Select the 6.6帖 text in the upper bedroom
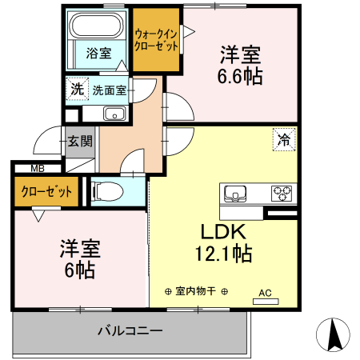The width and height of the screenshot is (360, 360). tap(241, 77)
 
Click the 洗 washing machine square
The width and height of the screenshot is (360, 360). tap(76, 90)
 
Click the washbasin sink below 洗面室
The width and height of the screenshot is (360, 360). tap(114, 113)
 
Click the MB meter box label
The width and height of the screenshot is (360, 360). tap(37, 169)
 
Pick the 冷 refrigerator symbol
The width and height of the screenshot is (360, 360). tap(283, 138)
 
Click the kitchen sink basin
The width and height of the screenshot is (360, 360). tap(236, 194)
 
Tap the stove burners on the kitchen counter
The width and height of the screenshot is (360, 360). tap(282, 193)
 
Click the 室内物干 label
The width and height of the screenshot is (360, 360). tap(197, 291)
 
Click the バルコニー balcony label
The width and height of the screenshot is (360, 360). tap(130, 330)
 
